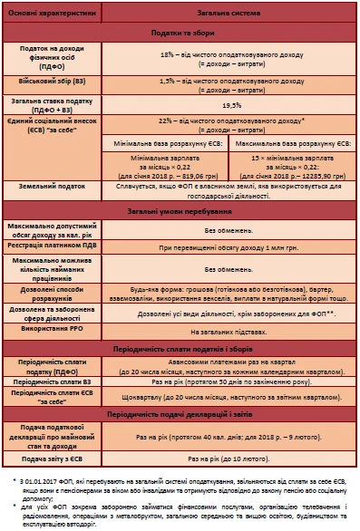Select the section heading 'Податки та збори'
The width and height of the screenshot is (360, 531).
coord(180,32)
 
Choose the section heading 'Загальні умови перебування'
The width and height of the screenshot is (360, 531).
coord(180,210)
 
